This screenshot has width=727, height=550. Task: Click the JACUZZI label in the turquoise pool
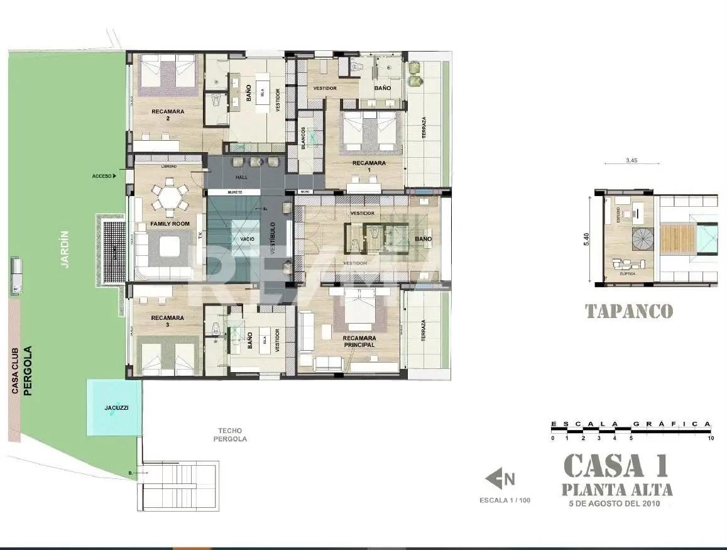(116, 408)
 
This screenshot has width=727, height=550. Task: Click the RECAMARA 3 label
(168, 321)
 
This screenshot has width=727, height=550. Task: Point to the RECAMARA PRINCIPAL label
(359, 341)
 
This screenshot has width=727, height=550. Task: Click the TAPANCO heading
(629, 311)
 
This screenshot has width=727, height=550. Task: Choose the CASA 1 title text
(615, 466)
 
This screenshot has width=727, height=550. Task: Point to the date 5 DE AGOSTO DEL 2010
(615, 503)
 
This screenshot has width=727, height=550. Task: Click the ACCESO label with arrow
(104, 177)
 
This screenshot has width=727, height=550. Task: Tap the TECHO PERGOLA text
(230, 435)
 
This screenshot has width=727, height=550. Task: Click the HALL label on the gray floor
(242, 177)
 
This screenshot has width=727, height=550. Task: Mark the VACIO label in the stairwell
(246, 239)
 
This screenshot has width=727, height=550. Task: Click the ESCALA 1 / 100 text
(505, 501)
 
